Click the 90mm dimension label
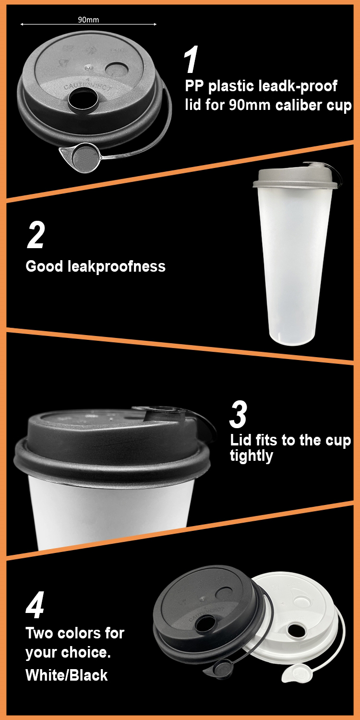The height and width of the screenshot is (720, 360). point(88,20)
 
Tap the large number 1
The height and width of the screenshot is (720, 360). point(191,60)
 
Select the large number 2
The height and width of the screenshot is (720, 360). point(36,235)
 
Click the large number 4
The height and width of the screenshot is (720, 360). point(35,606)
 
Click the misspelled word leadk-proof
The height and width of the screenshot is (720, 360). point(300,86)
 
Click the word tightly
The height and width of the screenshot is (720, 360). point(251,456)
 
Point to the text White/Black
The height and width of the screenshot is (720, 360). point(66,675)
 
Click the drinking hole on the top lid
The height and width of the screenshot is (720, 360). point(79,99)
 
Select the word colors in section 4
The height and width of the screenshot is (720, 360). point(90,633)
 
